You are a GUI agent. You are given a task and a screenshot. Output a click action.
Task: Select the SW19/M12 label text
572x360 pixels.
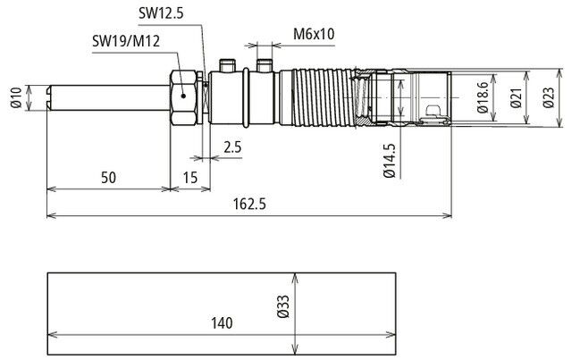[125, 41]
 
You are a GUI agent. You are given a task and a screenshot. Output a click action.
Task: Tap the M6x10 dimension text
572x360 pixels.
[314, 35]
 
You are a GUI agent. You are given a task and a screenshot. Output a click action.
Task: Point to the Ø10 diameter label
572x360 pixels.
[16, 96]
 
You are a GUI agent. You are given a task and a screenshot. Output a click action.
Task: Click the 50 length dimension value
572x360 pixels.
[108, 178]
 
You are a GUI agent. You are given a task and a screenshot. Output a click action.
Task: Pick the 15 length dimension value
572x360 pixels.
[189, 178]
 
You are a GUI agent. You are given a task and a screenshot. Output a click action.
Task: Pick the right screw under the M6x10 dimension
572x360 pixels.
[264, 64]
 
